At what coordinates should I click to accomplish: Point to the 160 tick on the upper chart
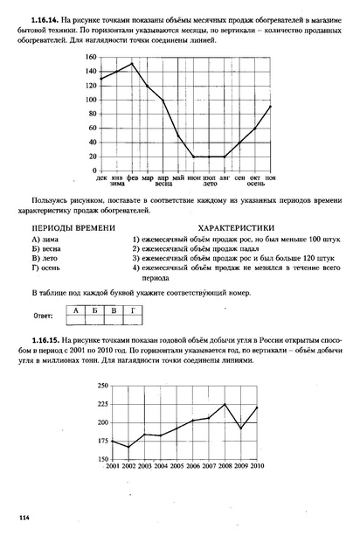click(91, 58)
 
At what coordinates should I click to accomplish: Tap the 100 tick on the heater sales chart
click(91, 100)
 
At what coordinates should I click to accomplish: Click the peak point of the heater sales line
click(132, 64)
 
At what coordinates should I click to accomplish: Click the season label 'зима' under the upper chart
click(117, 184)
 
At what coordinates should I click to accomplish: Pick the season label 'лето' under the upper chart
click(210, 184)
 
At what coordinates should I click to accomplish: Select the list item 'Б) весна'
click(48, 248)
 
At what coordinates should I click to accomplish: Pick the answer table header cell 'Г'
click(132, 310)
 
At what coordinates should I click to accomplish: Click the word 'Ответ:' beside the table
click(44, 314)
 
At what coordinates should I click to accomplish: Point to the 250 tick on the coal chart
click(103, 385)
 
